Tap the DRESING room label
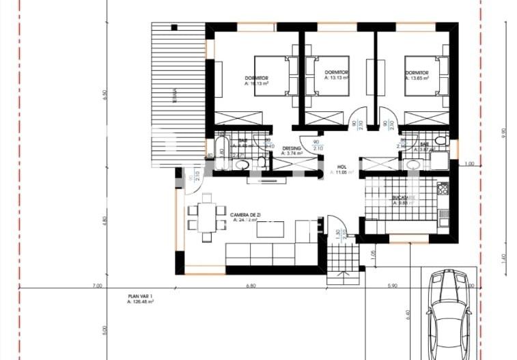(292, 148)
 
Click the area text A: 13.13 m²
(337, 78)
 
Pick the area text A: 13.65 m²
(417, 78)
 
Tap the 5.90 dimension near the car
(393, 286)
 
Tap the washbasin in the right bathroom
(413, 164)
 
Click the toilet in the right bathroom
(441, 141)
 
